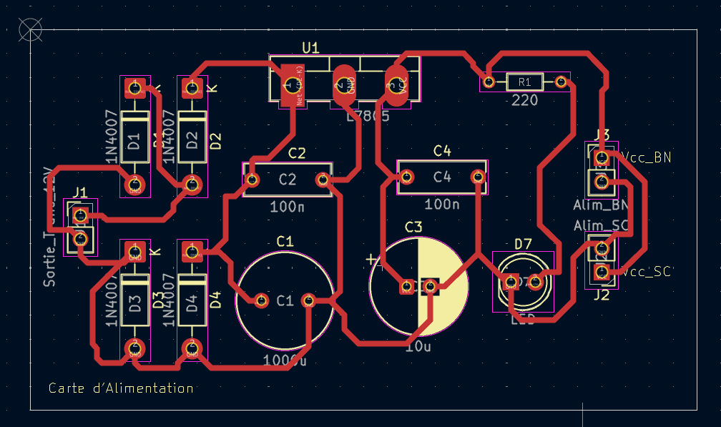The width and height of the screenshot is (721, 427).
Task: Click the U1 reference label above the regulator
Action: coord(310,47)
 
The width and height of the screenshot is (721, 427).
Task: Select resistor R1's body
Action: coord(524,82)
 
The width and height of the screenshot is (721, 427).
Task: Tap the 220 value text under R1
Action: coord(524,101)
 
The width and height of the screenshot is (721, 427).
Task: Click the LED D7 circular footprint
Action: coord(524,282)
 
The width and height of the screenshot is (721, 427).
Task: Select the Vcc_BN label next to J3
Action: coord(647,157)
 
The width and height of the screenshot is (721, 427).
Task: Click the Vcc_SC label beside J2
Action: coord(647,272)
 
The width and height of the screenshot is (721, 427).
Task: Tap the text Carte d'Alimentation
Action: coord(121,388)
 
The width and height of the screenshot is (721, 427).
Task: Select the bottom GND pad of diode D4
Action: coord(192,349)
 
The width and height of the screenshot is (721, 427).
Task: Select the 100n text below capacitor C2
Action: coord(287,207)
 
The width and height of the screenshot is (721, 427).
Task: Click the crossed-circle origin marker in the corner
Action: coord(30,29)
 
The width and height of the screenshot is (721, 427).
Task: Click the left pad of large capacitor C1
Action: coord(260,300)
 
